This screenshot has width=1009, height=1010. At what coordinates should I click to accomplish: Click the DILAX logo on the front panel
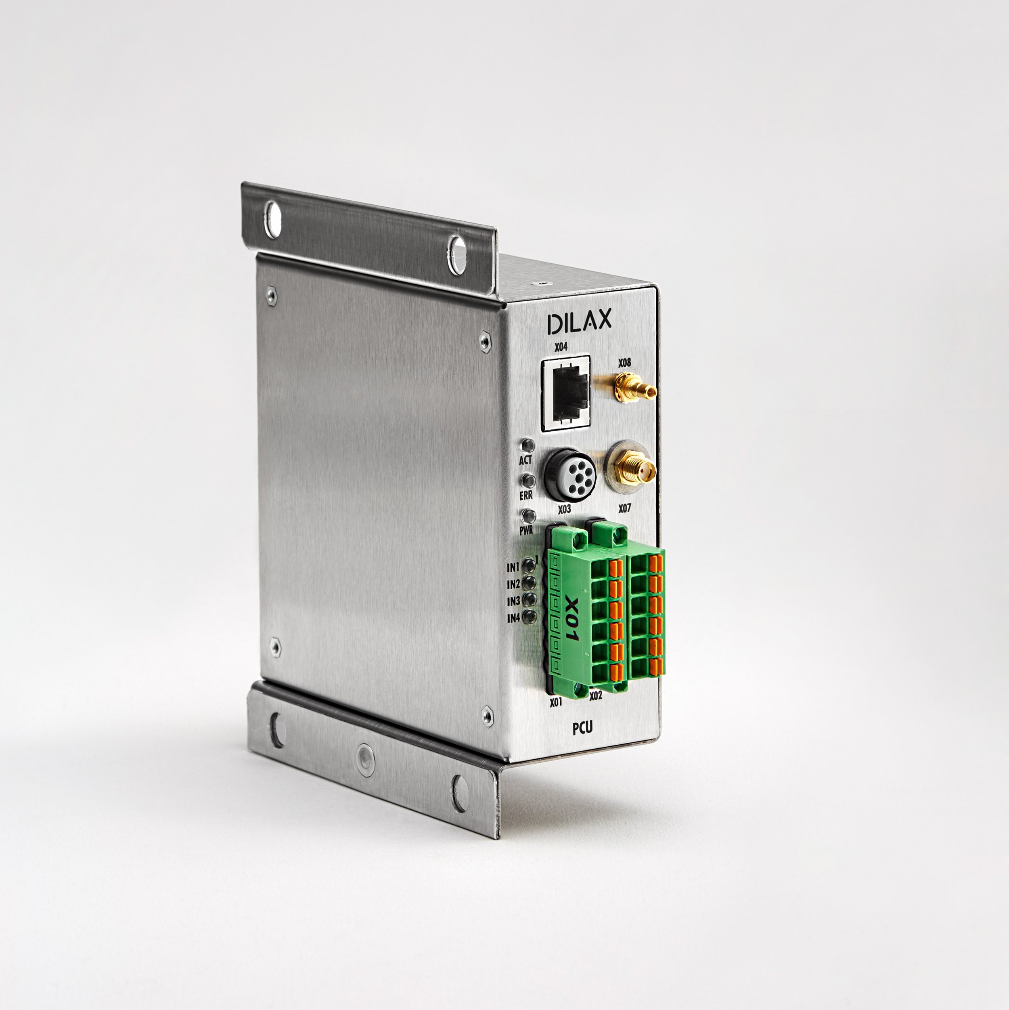(x=579, y=323)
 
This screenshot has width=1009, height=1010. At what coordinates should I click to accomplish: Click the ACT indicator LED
(x=528, y=445)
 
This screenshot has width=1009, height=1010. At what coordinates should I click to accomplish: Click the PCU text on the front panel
(x=582, y=728)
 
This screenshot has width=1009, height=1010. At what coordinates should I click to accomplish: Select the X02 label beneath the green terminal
(x=595, y=696)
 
